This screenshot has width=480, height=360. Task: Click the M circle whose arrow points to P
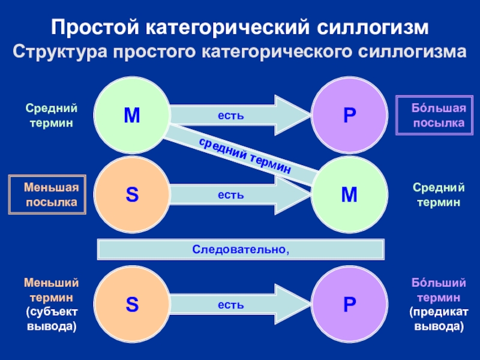coord(132,115)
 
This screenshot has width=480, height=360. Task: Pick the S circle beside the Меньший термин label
coord(132,305)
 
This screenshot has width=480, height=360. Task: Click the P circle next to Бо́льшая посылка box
coord(349,115)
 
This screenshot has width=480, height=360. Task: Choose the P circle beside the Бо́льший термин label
coord(349,305)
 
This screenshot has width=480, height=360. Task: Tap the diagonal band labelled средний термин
coord(246,154)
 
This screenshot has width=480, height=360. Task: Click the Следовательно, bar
coord(240,248)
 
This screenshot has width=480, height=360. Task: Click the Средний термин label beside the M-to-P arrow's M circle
coord(51,116)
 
